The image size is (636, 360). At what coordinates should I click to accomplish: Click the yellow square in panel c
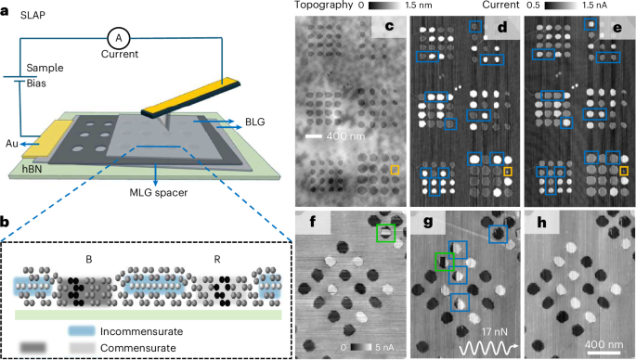(394, 170)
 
